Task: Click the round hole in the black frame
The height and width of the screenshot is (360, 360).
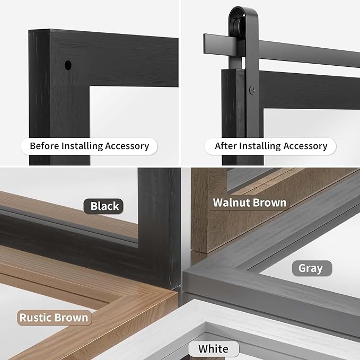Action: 68,65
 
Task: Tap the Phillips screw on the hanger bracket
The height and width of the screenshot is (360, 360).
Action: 252,90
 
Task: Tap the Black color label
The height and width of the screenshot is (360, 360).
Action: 103,206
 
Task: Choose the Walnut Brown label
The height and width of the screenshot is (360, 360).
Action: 250,203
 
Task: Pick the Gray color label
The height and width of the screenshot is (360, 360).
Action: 312,268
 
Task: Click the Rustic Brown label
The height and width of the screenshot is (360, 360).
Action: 54,318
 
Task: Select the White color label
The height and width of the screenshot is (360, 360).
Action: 214,349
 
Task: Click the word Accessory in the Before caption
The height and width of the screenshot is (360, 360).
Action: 127,146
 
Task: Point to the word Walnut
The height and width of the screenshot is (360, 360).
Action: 231,203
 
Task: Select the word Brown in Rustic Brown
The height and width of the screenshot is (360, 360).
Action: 71,318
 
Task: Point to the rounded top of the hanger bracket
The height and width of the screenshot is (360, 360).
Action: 243,10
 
